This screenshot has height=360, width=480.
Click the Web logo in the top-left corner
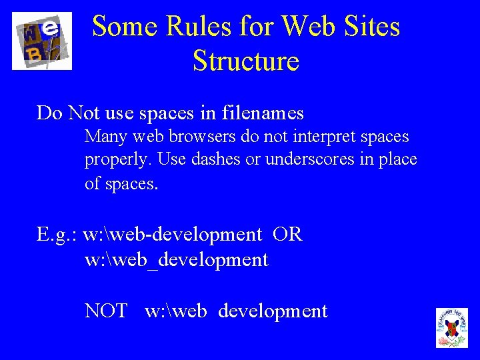click(41, 41)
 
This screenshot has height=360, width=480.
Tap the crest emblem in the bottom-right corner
click(452, 327)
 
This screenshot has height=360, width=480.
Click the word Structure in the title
click(246, 61)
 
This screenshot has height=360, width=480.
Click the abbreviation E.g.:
click(57, 235)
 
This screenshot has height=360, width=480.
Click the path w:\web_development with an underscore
click(177, 260)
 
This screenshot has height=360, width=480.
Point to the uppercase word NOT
click(106, 311)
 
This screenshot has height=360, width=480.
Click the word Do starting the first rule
click(49, 113)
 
